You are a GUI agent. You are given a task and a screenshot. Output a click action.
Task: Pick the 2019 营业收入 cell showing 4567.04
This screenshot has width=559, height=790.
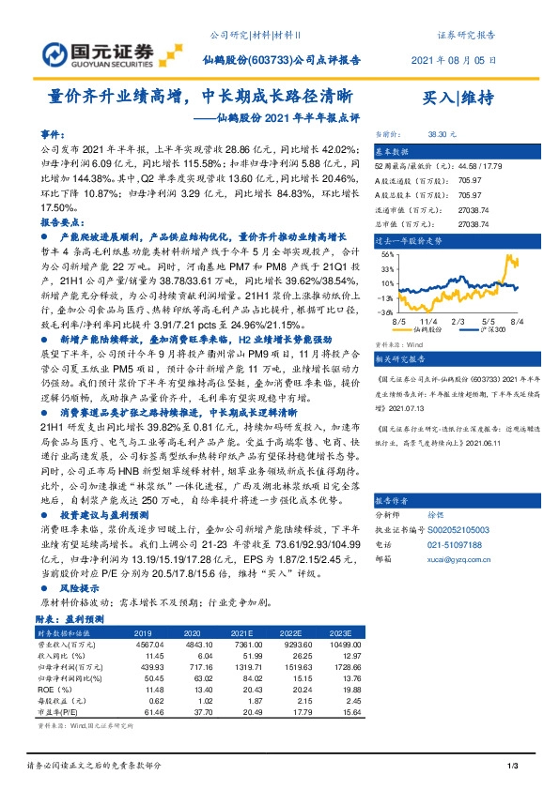(x=163, y=644)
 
